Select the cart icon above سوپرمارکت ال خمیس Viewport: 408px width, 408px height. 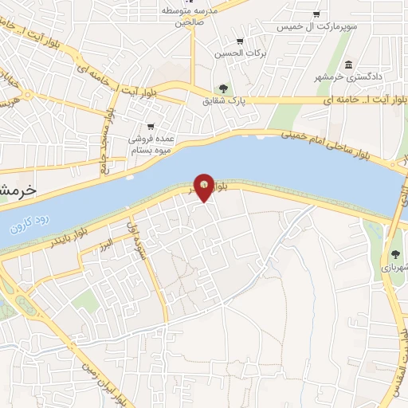pyautogui.click(x=317, y=14)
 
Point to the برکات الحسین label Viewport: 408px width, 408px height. pyautogui.click(x=239, y=54)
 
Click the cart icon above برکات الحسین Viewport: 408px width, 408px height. pyautogui.click(x=240, y=41)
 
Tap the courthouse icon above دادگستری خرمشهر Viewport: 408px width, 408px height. pyautogui.click(x=348, y=65)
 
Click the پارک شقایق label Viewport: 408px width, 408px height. pyautogui.click(x=222, y=101)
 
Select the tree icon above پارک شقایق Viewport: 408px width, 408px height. pyautogui.click(x=222, y=88)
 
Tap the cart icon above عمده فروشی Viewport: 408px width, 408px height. pyautogui.click(x=151, y=126)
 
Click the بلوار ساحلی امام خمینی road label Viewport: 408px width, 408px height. pyautogui.click(x=331, y=142)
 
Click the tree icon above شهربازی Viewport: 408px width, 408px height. pyautogui.click(x=395, y=255)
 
